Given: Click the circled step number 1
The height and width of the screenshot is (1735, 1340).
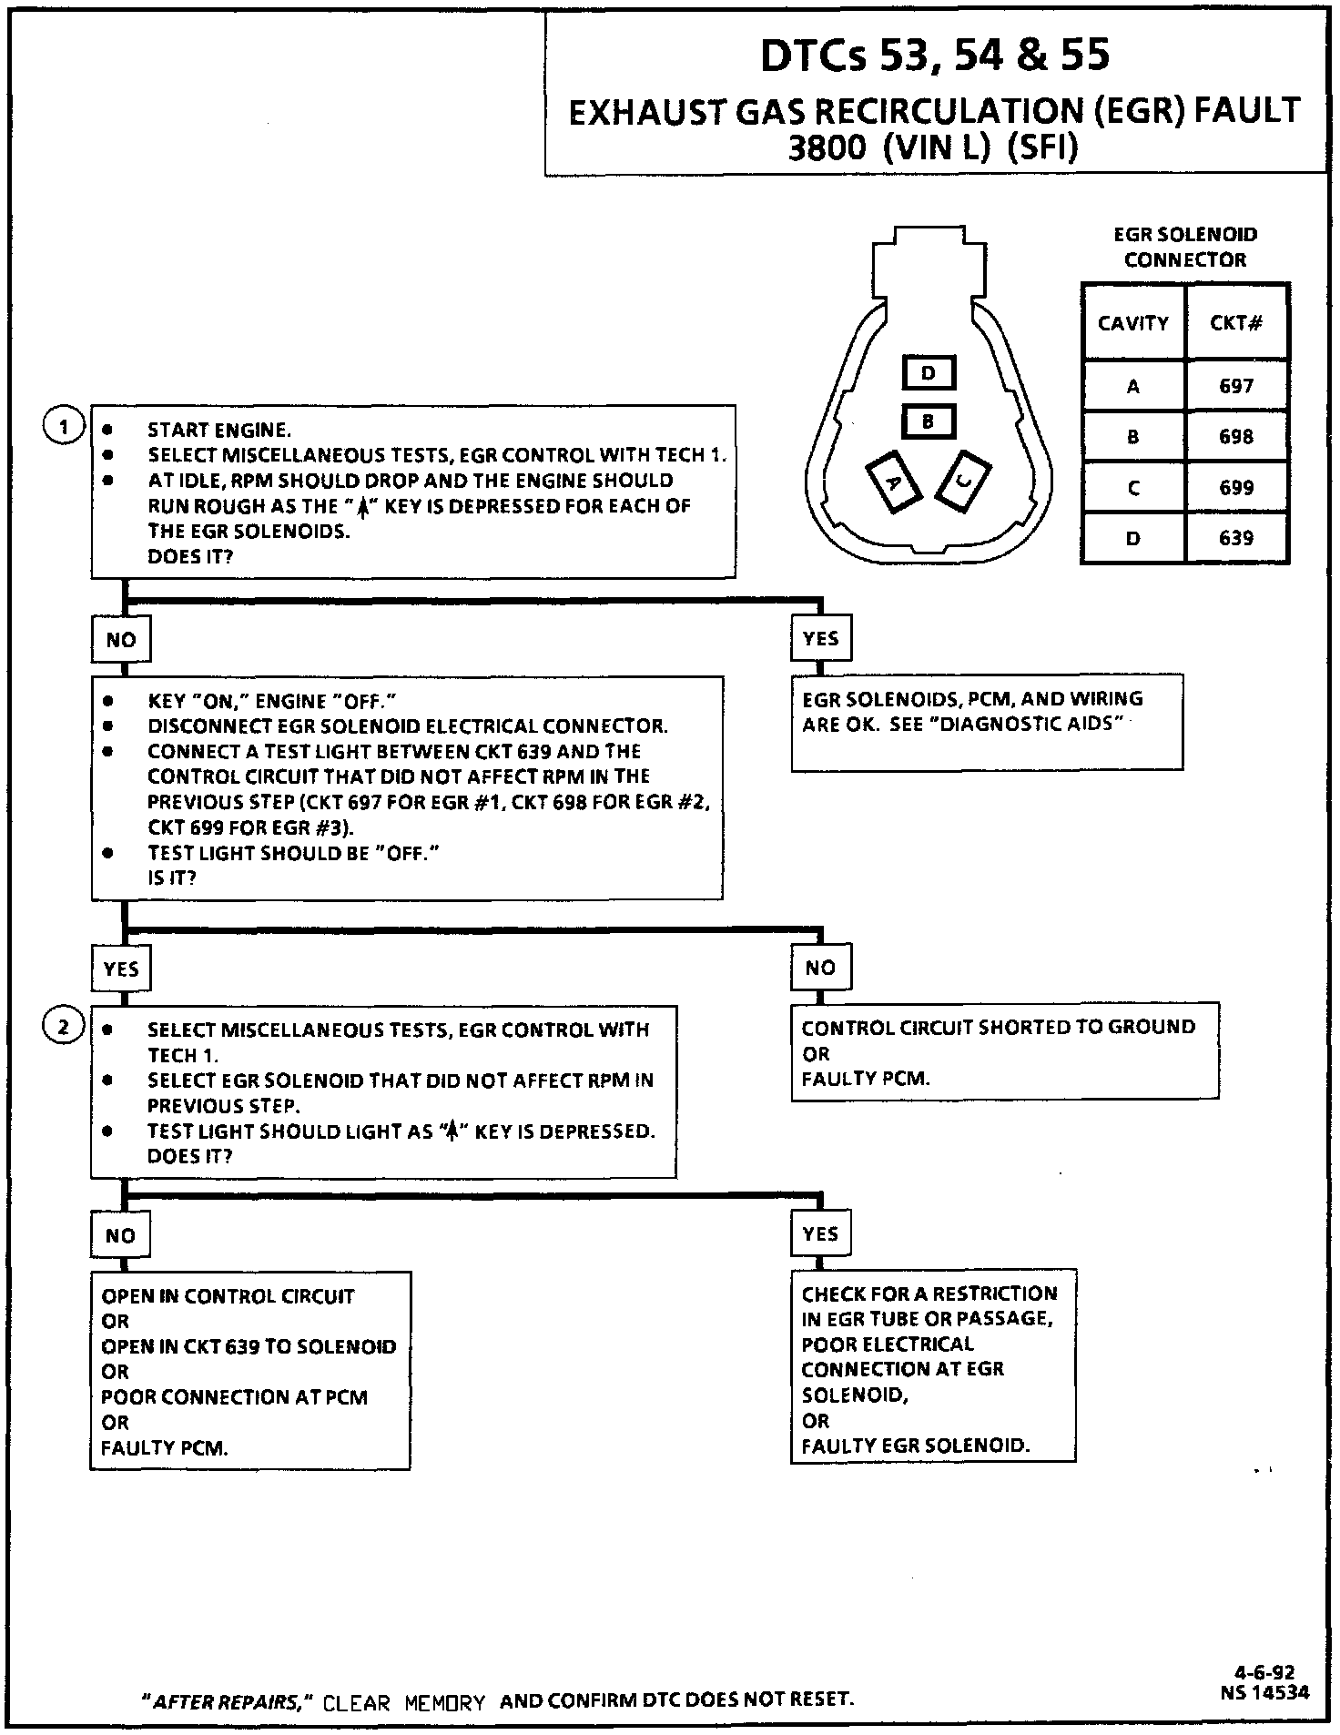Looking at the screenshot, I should point(64,426).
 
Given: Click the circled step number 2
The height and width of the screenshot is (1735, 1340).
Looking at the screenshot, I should point(64,1029).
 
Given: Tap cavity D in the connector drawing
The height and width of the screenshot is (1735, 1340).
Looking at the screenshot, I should point(929,373).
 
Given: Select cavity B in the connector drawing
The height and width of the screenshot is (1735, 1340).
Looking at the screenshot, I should point(929,421).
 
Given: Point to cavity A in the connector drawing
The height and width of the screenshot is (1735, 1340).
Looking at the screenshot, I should point(893,482).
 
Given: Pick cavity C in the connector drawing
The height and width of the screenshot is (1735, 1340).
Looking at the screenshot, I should point(964,480).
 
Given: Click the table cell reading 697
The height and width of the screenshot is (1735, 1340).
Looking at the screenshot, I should point(1236,386).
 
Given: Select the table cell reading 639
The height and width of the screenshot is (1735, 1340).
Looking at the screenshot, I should point(1236,538).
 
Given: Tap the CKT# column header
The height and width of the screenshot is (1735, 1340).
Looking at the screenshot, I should point(1236,322).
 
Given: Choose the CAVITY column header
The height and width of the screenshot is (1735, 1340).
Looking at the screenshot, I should point(1133,322).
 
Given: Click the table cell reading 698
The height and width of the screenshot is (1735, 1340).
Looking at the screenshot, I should point(1236,437).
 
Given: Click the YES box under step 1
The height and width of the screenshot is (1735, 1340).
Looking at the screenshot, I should point(820,639).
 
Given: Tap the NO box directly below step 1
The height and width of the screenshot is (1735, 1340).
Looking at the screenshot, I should point(120,640).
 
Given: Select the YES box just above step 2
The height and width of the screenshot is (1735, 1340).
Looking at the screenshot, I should point(121,969).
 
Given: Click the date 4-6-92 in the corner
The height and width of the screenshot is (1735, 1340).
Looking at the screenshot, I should point(1264,1672).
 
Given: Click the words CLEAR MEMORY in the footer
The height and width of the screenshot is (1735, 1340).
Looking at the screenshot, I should point(404,1702).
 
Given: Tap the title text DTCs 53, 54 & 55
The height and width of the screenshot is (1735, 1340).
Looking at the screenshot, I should point(935,55).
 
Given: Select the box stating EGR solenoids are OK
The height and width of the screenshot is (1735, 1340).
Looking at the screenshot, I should point(987,723).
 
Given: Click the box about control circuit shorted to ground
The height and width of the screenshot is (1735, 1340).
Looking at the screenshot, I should point(1004,1052).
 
